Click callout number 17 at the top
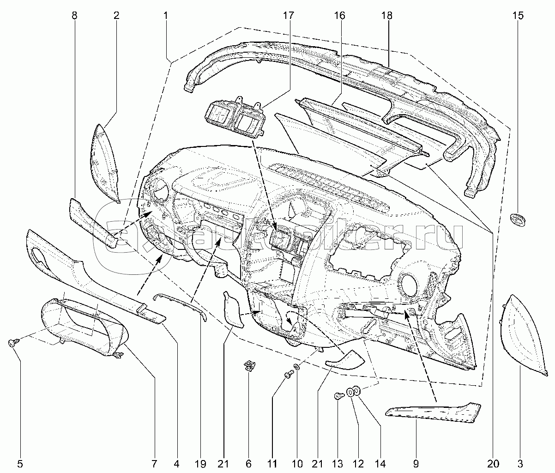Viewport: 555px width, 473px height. [288, 16]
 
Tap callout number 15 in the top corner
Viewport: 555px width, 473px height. [518, 16]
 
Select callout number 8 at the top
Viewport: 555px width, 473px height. [74, 16]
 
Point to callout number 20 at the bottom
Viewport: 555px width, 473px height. [493, 464]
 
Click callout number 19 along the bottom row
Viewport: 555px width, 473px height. [200, 464]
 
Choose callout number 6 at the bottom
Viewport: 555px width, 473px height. [248, 464]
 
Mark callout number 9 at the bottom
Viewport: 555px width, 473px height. [416, 464]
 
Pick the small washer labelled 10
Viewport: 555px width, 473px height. [296, 366]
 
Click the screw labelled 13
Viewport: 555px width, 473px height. [339, 396]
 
